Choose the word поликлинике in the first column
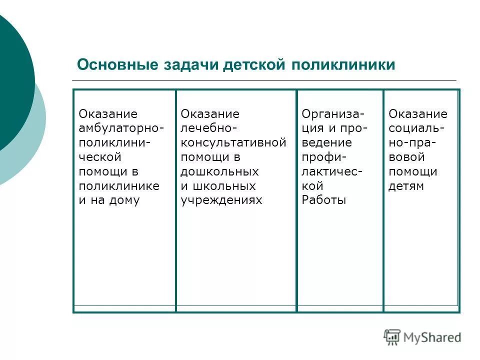pyautogui.click(x=119, y=186)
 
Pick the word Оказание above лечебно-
pyautogui.click(x=210, y=114)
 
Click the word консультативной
pyautogui.click(x=233, y=143)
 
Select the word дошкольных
pyautogui.click(x=219, y=171)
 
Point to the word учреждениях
pyautogui.click(x=221, y=200)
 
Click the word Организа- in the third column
pyautogui.click(x=333, y=114)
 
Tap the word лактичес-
pyautogui.click(x=332, y=171)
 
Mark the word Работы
pyautogui.click(x=323, y=200)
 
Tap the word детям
pyautogui.click(x=406, y=186)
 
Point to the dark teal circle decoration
pyautogui.click(x=12, y=80)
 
